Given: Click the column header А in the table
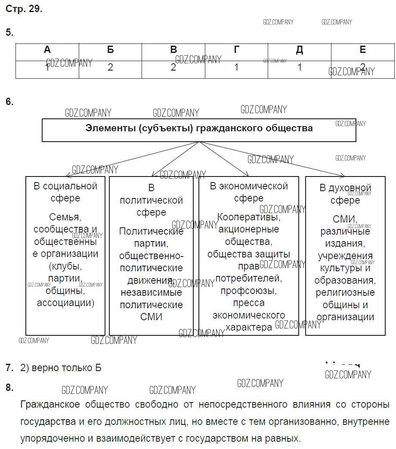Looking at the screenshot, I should [x=47, y=50].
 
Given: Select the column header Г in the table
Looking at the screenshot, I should [x=236, y=50].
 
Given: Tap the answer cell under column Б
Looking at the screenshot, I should [x=111, y=68].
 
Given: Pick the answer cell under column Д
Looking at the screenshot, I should [x=300, y=68].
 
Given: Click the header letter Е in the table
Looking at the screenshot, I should [x=362, y=50].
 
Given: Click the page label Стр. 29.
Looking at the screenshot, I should [x=24, y=9].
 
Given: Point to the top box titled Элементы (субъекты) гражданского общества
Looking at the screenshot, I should [x=199, y=128].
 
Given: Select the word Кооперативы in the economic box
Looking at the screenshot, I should [x=249, y=217].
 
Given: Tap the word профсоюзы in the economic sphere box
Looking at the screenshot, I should [x=249, y=291].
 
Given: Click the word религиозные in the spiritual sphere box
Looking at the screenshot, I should [x=345, y=293].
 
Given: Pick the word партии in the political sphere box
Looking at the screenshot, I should [x=151, y=243].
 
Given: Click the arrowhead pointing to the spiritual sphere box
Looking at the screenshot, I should [x=343, y=175].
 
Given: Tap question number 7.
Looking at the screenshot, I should [x=9, y=368].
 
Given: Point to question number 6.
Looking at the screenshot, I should [x=9, y=102].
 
